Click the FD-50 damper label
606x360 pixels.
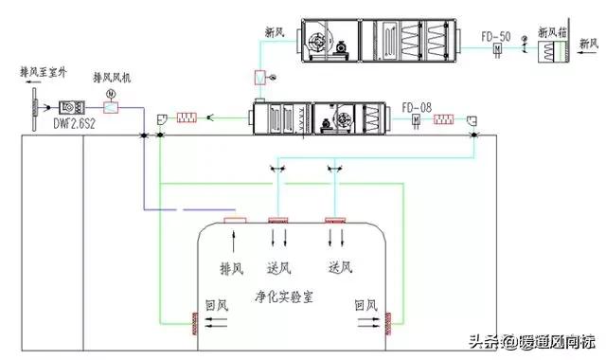[496, 37]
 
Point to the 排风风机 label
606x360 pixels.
[112, 77]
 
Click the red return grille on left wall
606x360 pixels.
[186, 328]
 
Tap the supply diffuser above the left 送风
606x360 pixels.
[278, 222]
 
